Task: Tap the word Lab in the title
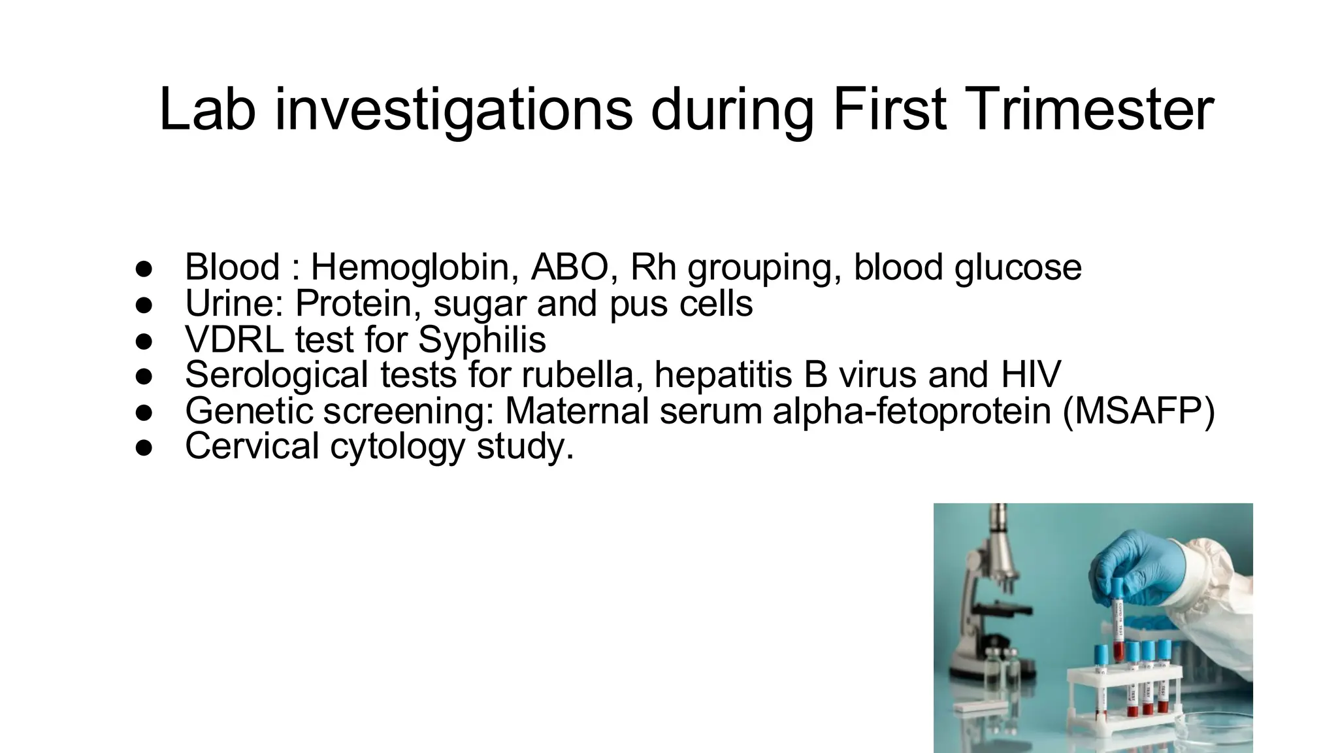click(x=206, y=109)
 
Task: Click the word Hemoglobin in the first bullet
click(x=415, y=267)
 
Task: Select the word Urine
click(x=234, y=303)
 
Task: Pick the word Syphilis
click(x=481, y=341)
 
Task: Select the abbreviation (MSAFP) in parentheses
click(x=1138, y=411)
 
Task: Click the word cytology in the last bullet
click(x=397, y=448)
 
